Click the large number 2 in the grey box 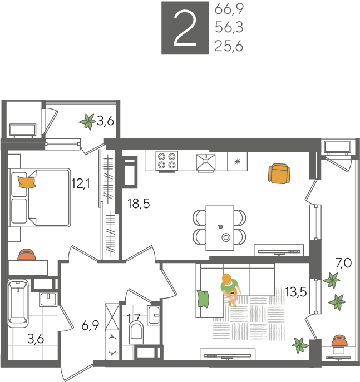pos(185,28)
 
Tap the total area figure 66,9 pos(229,9)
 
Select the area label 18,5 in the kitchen pos(139,204)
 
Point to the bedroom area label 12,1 pos(81,183)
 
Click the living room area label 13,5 pos(295,291)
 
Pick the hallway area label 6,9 pos(90,325)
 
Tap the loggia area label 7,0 pos(343,263)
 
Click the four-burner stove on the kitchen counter pos(167,161)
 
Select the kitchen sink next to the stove pos(206,162)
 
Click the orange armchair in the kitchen pos(279,173)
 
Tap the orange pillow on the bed pos(27,182)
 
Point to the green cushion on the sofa pos(203,299)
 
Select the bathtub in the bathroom pos(18,303)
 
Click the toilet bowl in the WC pos(136,330)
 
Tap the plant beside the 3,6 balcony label pos(87,122)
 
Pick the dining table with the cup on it pos(220,228)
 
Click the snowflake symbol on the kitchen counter pos(238,161)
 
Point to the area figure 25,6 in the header pos(229,46)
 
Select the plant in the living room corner pos(300,345)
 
